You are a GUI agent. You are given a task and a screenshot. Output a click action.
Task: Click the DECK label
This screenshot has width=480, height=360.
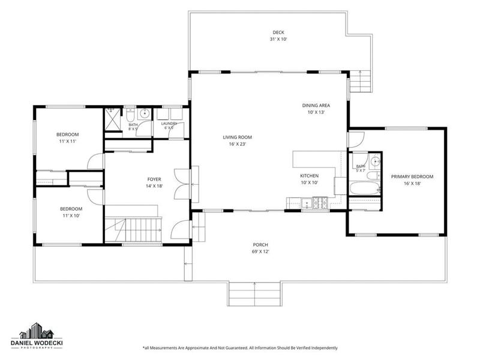(x=278, y=32)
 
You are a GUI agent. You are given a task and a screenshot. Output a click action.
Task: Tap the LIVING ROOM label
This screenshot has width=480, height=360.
(x=237, y=137)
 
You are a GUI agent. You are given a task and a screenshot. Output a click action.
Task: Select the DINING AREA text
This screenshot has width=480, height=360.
(x=316, y=106)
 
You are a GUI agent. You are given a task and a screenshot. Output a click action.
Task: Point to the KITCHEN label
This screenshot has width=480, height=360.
(x=309, y=176)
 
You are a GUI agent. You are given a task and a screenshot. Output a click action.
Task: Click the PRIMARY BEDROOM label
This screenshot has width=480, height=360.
(x=412, y=176)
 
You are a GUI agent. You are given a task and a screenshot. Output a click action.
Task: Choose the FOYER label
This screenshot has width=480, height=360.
(x=154, y=179)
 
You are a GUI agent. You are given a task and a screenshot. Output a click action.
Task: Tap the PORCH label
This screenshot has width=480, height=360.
(x=260, y=245)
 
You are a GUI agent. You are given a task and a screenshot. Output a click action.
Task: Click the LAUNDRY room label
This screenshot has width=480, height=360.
(x=169, y=124)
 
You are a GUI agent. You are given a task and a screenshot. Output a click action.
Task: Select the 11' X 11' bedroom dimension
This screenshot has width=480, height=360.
(x=67, y=142)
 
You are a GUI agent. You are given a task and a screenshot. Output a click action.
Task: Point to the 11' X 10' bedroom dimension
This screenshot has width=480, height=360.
(x=71, y=215)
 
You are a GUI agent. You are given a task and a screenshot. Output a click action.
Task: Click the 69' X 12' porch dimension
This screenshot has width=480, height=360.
(x=260, y=252)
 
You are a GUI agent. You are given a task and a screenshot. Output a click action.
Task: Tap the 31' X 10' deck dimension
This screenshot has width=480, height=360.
(x=278, y=39)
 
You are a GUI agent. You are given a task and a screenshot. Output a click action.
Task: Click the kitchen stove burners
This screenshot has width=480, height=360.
(x=320, y=203)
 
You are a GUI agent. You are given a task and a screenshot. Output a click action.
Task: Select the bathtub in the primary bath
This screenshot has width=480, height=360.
(x=364, y=188)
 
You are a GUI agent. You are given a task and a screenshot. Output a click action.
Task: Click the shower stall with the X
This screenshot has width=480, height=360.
(x=113, y=119)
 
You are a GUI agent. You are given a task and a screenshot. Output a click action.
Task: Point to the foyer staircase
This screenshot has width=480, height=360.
(x=133, y=230)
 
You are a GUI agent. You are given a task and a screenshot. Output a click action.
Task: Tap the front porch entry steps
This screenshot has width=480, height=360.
(x=254, y=294)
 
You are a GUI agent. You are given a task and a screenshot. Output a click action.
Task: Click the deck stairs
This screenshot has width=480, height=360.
(x=361, y=81)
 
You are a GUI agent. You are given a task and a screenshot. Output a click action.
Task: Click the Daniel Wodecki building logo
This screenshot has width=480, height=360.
(x=37, y=331)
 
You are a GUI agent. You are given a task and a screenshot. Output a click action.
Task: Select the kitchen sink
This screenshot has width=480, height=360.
(x=305, y=203)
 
